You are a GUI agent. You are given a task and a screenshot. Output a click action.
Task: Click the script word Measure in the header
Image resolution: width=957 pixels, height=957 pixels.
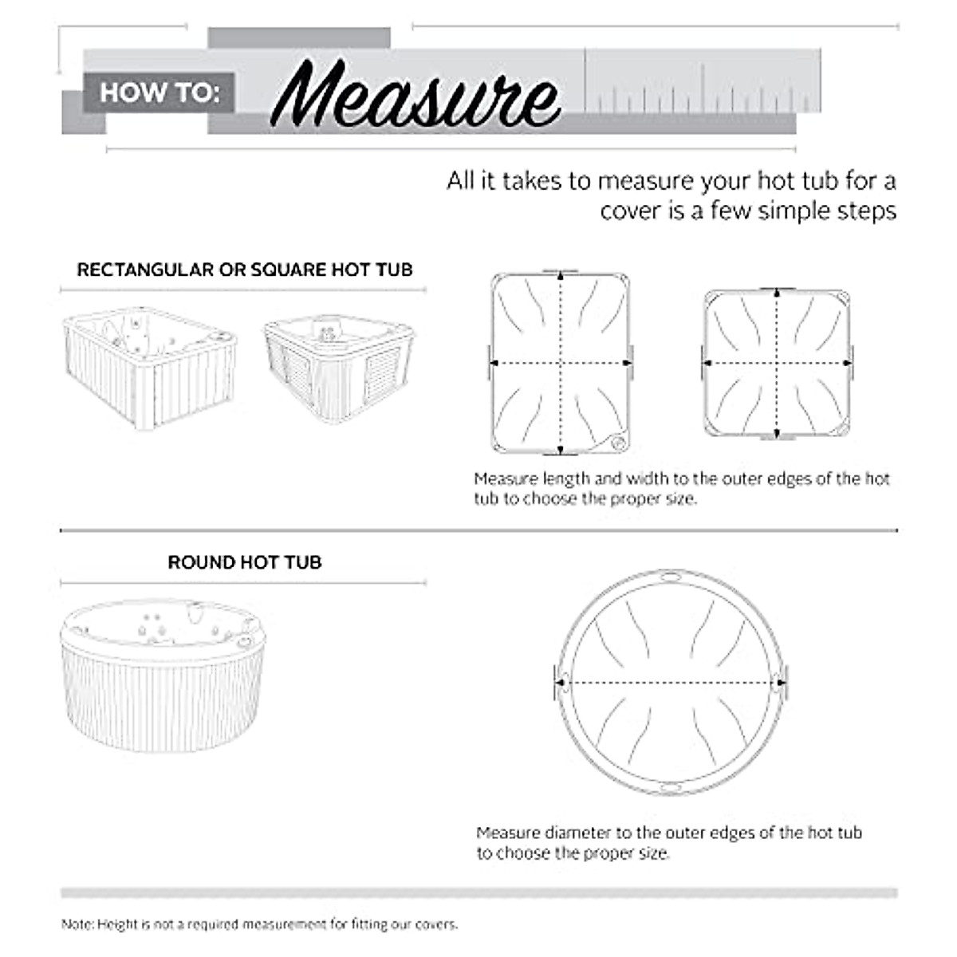point(415,97)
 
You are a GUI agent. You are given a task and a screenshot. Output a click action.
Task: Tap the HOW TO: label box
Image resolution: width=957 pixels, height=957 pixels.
point(159,93)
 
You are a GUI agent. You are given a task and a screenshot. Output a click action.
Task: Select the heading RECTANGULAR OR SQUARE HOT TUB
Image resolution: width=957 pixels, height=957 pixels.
point(244,270)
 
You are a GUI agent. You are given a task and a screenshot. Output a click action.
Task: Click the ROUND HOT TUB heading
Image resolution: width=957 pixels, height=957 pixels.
point(244,562)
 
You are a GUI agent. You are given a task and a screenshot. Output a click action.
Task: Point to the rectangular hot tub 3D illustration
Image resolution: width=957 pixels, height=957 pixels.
point(150,365)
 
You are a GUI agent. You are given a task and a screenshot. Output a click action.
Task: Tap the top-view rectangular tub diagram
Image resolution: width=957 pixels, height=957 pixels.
point(561,364)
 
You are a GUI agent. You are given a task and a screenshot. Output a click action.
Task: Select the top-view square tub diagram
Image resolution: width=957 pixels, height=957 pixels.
point(778,364)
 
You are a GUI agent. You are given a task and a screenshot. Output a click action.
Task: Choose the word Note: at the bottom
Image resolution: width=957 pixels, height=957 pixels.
point(77,925)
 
